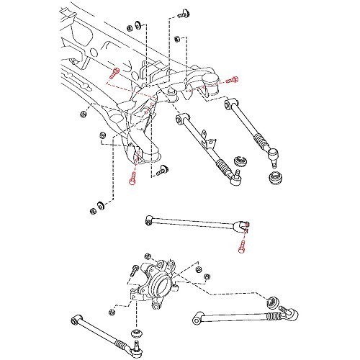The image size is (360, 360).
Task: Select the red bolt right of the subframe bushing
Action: (231, 81)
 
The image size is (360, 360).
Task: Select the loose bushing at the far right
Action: (274, 178)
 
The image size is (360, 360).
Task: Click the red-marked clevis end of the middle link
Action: (244, 228)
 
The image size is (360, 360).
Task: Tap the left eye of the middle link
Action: (148, 220)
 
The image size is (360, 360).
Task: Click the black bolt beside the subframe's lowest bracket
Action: (162, 170)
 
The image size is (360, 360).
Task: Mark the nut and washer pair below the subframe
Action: (94, 210)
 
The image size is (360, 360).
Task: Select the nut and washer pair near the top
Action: (130, 30)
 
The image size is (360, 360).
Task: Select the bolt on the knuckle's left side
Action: (134, 272)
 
